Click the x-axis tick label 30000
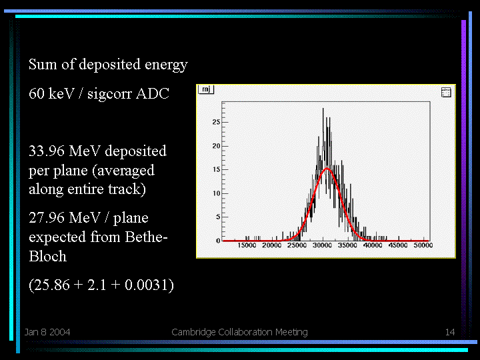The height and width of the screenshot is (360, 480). click(322, 245)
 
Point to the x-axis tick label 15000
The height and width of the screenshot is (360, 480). click(247, 245)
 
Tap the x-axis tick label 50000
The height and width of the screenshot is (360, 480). click(423, 245)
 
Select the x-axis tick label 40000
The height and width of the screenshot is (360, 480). click(373, 245)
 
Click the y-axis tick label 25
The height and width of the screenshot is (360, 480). click(216, 122)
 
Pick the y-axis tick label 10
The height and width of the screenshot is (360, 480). click(216, 193)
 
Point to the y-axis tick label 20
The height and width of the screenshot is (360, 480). click(216, 146)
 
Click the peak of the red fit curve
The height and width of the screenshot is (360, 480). click(327, 169)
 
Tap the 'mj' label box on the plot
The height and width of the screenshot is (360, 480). click(206, 89)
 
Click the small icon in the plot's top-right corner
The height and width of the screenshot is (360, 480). click(446, 92)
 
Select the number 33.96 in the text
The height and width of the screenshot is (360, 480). click(47, 151)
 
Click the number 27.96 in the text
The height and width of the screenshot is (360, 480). click(47, 217)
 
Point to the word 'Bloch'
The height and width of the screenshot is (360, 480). click(48, 256)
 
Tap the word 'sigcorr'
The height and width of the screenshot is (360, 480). click(109, 94)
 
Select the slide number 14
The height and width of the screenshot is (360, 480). click(450, 332)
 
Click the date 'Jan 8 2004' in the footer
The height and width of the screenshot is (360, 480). click(47, 332)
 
